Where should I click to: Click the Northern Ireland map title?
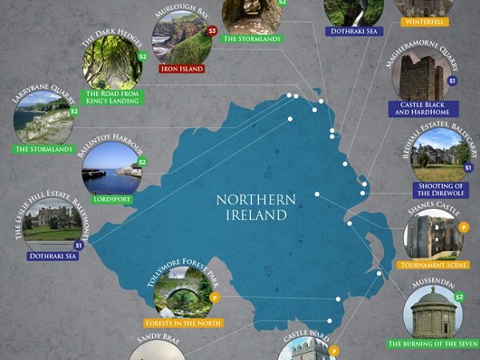pos(256,207)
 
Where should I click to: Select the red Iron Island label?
pos(182,69)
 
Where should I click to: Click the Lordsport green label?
pos(111,199)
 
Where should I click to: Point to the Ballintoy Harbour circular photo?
pos(110,168)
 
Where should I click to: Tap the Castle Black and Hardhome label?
pos(422,109)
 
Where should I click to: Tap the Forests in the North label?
pos(183,323)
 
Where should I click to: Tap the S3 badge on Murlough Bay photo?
pos(211,31)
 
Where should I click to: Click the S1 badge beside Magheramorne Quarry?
pos(452,81)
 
